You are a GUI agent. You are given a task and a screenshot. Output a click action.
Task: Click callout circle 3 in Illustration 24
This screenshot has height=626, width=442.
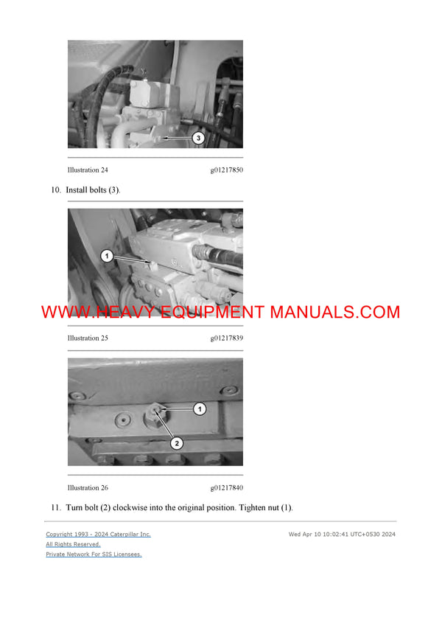click(x=197, y=138)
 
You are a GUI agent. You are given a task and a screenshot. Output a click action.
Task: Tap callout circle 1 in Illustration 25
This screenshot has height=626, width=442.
click(x=107, y=256)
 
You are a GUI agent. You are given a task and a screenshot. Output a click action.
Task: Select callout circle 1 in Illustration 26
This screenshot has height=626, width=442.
click(x=199, y=408)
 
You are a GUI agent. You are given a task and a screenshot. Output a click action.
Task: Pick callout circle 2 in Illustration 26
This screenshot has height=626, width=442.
click(x=177, y=443)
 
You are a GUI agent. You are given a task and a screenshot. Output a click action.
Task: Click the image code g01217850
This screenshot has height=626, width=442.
click(x=227, y=170)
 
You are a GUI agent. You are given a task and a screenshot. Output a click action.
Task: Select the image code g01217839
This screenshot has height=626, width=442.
click(x=227, y=338)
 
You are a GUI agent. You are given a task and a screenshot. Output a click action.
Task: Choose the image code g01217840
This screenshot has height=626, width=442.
click(x=227, y=488)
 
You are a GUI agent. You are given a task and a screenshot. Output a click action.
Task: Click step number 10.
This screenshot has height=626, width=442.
click(x=55, y=190)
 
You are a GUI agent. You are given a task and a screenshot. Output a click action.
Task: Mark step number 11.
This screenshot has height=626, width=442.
click(x=55, y=508)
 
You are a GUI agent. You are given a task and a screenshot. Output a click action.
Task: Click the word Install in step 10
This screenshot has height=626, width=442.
click(x=77, y=190)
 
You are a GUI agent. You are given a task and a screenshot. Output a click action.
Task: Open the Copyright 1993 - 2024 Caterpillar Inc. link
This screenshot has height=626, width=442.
click(x=98, y=534)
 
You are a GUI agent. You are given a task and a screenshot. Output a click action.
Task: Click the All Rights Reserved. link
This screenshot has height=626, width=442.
click(x=73, y=544)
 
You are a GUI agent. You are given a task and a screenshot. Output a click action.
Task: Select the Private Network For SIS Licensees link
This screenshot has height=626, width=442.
click(x=94, y=554)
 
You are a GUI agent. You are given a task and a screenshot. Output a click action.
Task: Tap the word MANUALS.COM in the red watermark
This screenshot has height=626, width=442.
click(x=334, y=312)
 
